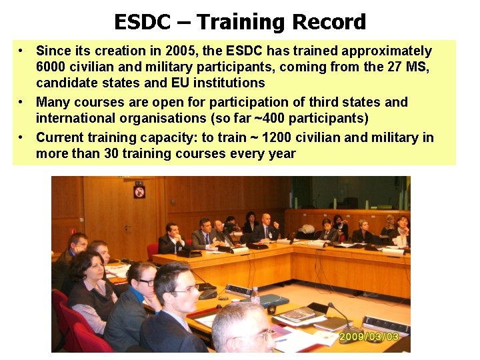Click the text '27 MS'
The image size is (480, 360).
414,67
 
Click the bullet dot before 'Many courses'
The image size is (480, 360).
23,102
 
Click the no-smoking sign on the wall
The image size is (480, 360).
139,192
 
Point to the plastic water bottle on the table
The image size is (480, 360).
255,296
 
